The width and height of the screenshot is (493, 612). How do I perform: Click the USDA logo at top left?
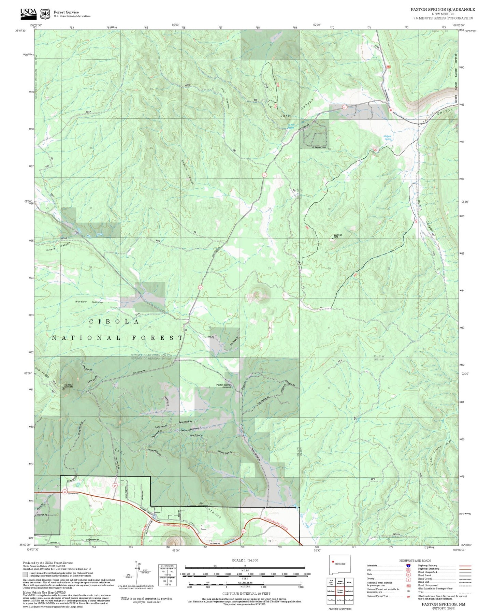pos(28,13)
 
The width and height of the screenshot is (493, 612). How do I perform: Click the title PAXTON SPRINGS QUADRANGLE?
pos(443,10)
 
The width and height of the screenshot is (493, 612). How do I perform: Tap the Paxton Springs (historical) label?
pos(224,386)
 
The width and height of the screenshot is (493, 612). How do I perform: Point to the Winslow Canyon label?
pos(89,302)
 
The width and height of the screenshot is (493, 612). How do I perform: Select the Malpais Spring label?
pos(388,137)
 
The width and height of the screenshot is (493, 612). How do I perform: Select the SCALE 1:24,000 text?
pos(245,560)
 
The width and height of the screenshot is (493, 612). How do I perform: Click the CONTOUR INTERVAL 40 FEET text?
pos(245,594)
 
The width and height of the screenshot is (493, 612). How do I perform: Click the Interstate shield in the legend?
pos(408,566)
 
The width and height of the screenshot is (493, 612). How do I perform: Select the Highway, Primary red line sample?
pos(465,566)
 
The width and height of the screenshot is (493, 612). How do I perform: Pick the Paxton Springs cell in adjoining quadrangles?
pos(340,591)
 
